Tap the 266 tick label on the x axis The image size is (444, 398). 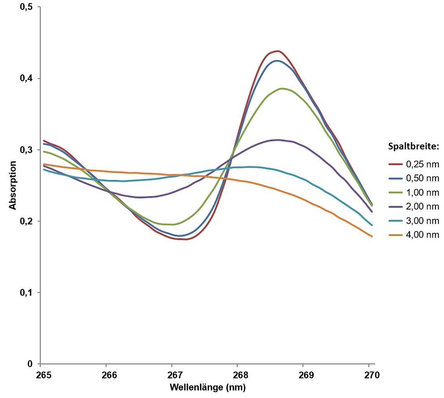point(109,375)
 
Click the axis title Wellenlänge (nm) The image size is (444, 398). point(207,387)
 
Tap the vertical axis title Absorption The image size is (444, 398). point(13,185)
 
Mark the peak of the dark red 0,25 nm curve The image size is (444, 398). point(277,51)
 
